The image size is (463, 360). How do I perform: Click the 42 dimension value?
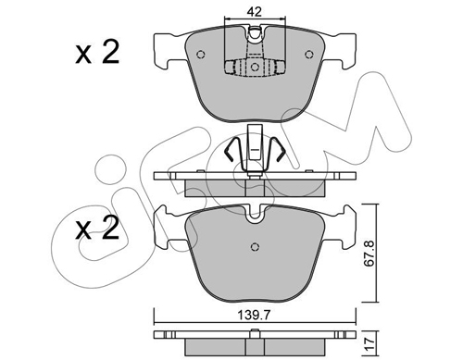pyautogui.click(x=255, y=12)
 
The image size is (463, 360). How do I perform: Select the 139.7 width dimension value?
pyautogui.click(x=254, y=316)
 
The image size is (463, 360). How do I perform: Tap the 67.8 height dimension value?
pyautogui.click(x=369, y=254)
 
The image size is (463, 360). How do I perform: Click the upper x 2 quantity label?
pyautogui.click(x=97, y=53)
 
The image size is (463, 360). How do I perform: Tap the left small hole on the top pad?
pyautogui.click(x=201, y=55)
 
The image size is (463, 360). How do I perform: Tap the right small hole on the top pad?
pyautogui.click(x=309, y=55)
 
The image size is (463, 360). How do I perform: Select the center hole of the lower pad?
pyautogui.click(x=255, y=247)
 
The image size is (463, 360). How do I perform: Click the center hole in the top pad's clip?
pyautogui.click(x=255, y=67)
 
